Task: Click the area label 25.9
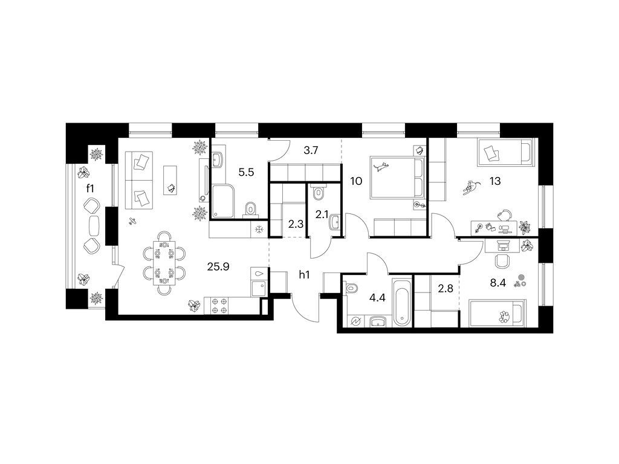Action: point(218,266)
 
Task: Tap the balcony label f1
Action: point(91,188)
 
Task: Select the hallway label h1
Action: point(304,275)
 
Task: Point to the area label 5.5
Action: point(246,172)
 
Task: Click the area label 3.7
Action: point(311,150)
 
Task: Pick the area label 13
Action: point(495,181)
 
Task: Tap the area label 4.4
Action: point(377,298)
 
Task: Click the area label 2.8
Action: point(446,288)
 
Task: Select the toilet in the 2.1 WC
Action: point(318,192)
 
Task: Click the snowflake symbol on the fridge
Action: point(259,229)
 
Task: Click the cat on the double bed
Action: point(381,167)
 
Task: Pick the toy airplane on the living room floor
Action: point(133,222)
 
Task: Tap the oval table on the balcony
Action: point(94,225)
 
